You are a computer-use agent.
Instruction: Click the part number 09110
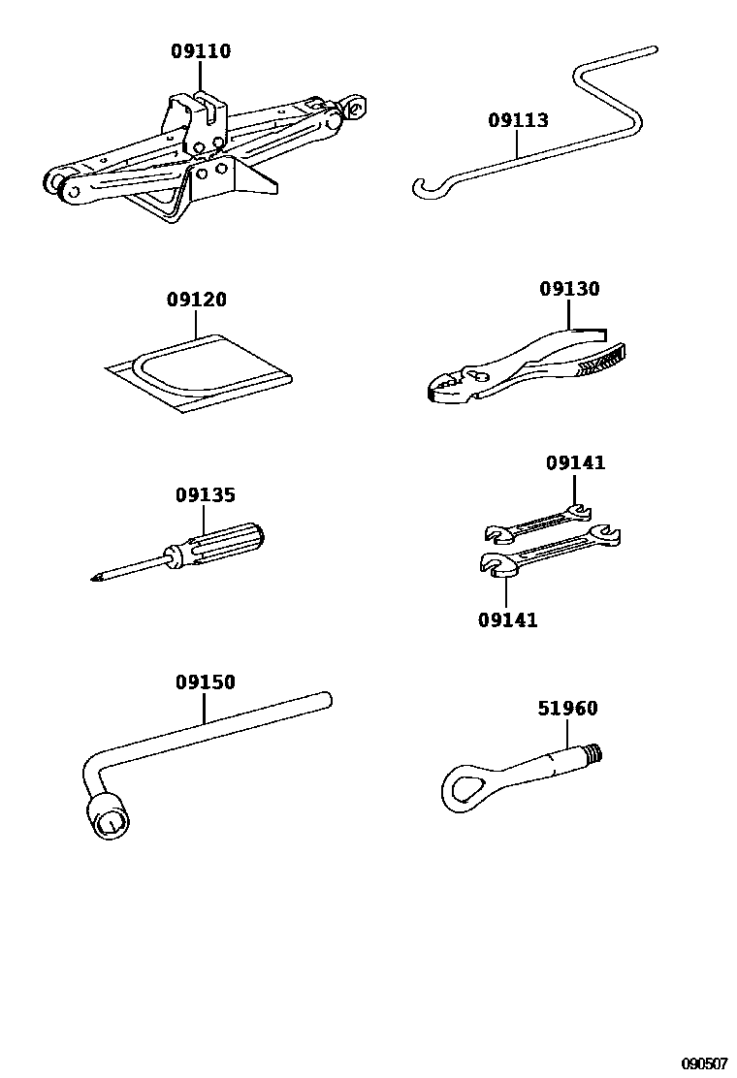tap(202, 51)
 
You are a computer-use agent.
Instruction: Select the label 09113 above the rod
tap(518, 121)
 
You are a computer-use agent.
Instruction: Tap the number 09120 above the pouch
tap(197, 301)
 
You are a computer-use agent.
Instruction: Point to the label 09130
tap(569, 289)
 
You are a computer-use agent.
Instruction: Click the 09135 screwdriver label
tap(206, 495)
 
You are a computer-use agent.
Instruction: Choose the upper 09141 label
tap(575, 463)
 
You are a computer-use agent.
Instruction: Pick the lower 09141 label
tap(507, 619)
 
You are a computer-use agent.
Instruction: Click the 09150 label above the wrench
tap(206, 682)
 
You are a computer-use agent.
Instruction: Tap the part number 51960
tap(568, 709)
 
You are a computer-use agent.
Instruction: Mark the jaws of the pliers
tap(445, 387)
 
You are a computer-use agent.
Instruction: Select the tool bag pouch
tap(200, 372)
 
